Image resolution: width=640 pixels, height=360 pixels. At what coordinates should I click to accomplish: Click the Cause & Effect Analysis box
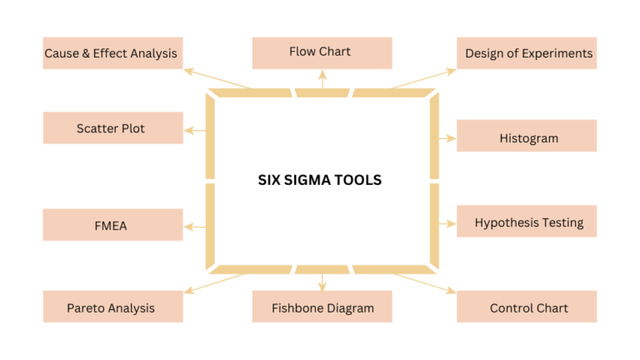(112, 53)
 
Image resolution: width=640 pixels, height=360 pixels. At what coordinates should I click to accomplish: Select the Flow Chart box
(322, 52)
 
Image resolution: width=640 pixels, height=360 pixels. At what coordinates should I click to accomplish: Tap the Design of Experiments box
(527, 53)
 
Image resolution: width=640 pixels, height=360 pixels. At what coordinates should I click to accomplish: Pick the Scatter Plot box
(112, 128)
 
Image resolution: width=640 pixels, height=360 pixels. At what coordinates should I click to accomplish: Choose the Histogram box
(527, 137)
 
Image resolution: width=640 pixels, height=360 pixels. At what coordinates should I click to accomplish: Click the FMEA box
(112, 225)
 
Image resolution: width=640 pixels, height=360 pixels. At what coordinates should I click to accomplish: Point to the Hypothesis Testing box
(527, 222)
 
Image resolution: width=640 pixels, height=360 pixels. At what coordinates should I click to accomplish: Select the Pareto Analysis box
(112, 307)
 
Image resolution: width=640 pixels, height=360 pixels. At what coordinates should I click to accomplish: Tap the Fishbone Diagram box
(322, 307)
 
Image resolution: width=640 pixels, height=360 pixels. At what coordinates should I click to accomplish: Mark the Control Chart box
(527, 307)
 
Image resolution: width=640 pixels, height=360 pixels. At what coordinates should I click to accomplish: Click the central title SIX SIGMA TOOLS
(319, 180)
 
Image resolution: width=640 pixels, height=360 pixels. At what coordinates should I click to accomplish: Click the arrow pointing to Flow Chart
(322, 79)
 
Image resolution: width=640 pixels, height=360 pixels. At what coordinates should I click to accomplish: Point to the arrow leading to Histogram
(446, 136)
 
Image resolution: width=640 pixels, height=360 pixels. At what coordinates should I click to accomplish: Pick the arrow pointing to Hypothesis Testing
(446, 223)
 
